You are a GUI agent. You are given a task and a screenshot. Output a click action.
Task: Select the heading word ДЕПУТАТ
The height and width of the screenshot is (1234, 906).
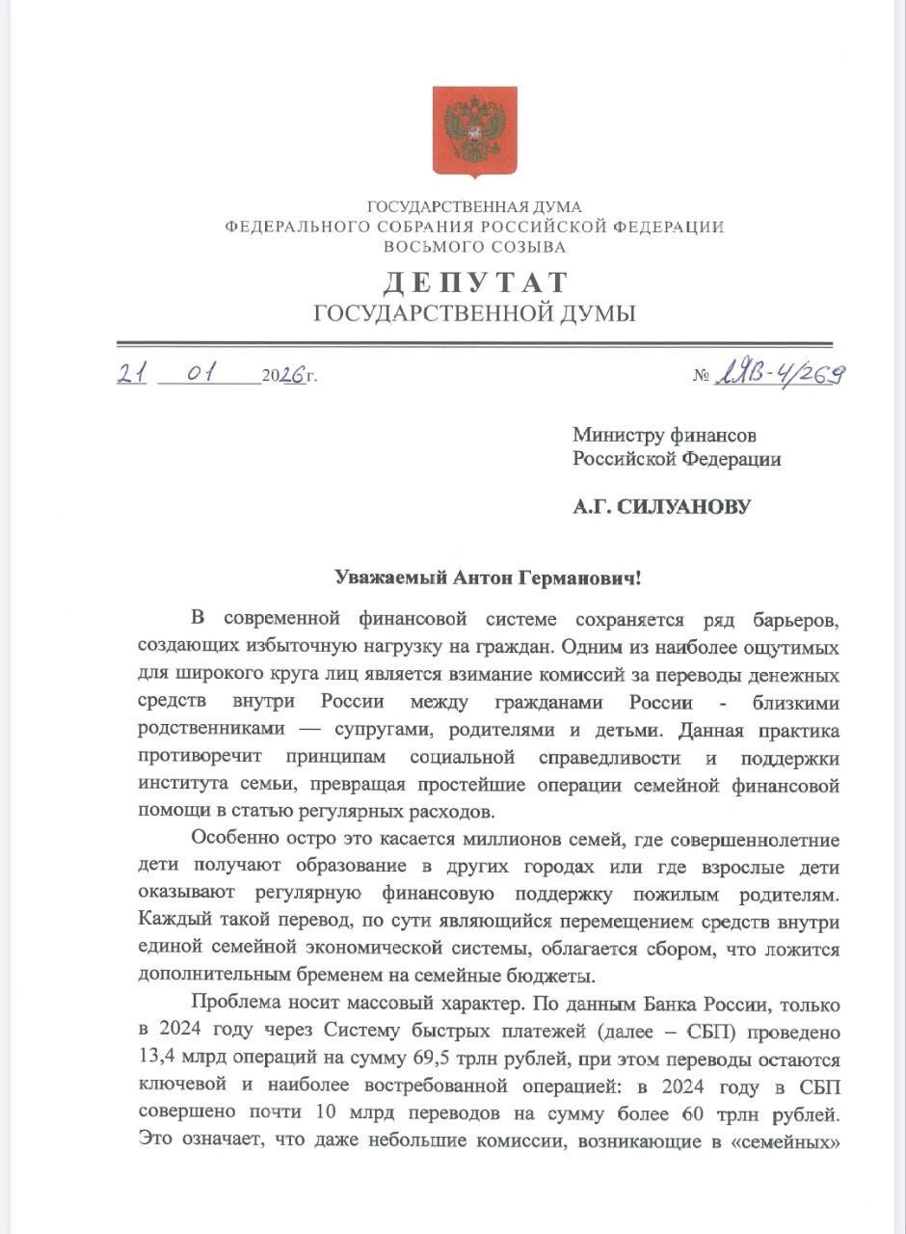tap(475, 282)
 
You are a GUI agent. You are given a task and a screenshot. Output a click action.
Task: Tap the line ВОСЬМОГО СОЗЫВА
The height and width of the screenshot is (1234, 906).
tap(474, 247)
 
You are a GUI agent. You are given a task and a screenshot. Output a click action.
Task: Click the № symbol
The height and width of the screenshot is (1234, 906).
tap(701, 376)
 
